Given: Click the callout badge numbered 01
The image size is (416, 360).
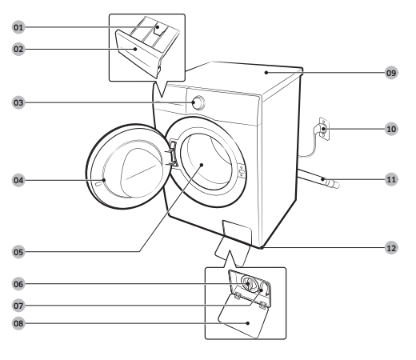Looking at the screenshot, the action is point(18,27).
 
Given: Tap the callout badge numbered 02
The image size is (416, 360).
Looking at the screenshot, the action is point(18,49).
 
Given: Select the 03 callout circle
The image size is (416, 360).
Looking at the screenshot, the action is point(18,102).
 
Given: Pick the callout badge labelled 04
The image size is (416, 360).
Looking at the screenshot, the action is point(18,180).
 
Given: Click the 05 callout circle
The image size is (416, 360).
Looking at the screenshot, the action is point(18,252).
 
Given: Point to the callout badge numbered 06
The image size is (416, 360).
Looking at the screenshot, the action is point(18,284).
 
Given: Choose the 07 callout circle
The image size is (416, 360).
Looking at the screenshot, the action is point(18,306).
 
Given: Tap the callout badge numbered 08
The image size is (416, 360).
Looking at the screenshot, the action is point(18,323).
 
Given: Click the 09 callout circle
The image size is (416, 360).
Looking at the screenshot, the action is point(391,73).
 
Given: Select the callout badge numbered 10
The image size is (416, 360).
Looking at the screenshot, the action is point(391,129).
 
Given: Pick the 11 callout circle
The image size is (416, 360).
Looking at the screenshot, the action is point(391,179).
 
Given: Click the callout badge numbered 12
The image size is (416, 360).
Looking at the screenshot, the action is point(391,248).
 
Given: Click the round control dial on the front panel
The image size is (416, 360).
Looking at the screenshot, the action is point(198,102).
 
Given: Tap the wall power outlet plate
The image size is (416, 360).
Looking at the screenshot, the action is point(324,129).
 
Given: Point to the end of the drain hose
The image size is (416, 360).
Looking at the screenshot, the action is point(334,184).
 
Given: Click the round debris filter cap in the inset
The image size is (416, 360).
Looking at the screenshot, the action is point(250,283).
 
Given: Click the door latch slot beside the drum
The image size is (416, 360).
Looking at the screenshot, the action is point(242,170).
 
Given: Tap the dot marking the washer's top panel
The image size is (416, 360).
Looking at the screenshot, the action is point(266,73).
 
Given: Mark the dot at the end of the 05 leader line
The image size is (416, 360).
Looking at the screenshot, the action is point(202,165).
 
